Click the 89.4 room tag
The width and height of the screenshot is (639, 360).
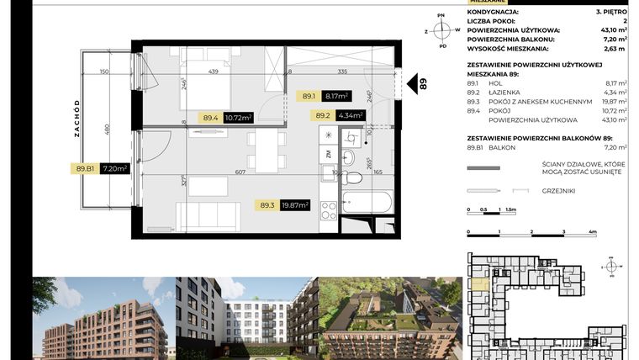pos(212,118)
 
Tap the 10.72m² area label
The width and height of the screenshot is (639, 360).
pos(239,118)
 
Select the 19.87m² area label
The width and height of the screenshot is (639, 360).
pos(296,204)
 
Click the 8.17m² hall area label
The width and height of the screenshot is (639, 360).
pos(337,97)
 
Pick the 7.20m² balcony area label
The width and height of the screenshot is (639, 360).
pos(114,168)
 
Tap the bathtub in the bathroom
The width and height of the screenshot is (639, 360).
pos(367,203)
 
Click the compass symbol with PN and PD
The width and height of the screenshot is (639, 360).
pos(441,30)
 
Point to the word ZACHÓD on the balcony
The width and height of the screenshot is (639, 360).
pos(76,118)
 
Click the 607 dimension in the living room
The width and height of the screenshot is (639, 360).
pos(240,172)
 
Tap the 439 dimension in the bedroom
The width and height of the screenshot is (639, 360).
pos(213,71)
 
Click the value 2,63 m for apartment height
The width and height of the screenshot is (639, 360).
pos(616,48)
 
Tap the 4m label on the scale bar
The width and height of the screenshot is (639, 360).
pos(593,231)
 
